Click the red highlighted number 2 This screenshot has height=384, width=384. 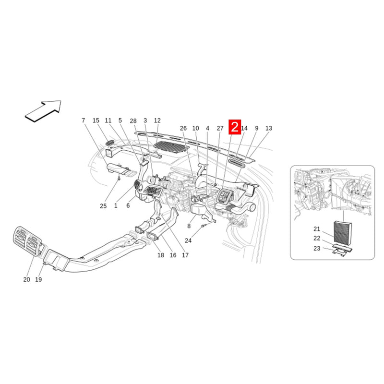tap(235, 127)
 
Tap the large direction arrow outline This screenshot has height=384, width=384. tap(43, 111)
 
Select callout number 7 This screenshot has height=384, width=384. tap(83, 120)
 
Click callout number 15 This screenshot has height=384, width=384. tap(96, 120)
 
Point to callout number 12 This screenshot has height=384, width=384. tap(157, 120)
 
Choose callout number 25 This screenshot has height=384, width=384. tap(103, 206)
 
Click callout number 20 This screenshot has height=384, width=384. tap(26, 279)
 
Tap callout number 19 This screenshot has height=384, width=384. tap(38, 279)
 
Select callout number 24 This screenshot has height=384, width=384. tap(188, 241)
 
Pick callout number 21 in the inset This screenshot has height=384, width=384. tap(317, 229)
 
